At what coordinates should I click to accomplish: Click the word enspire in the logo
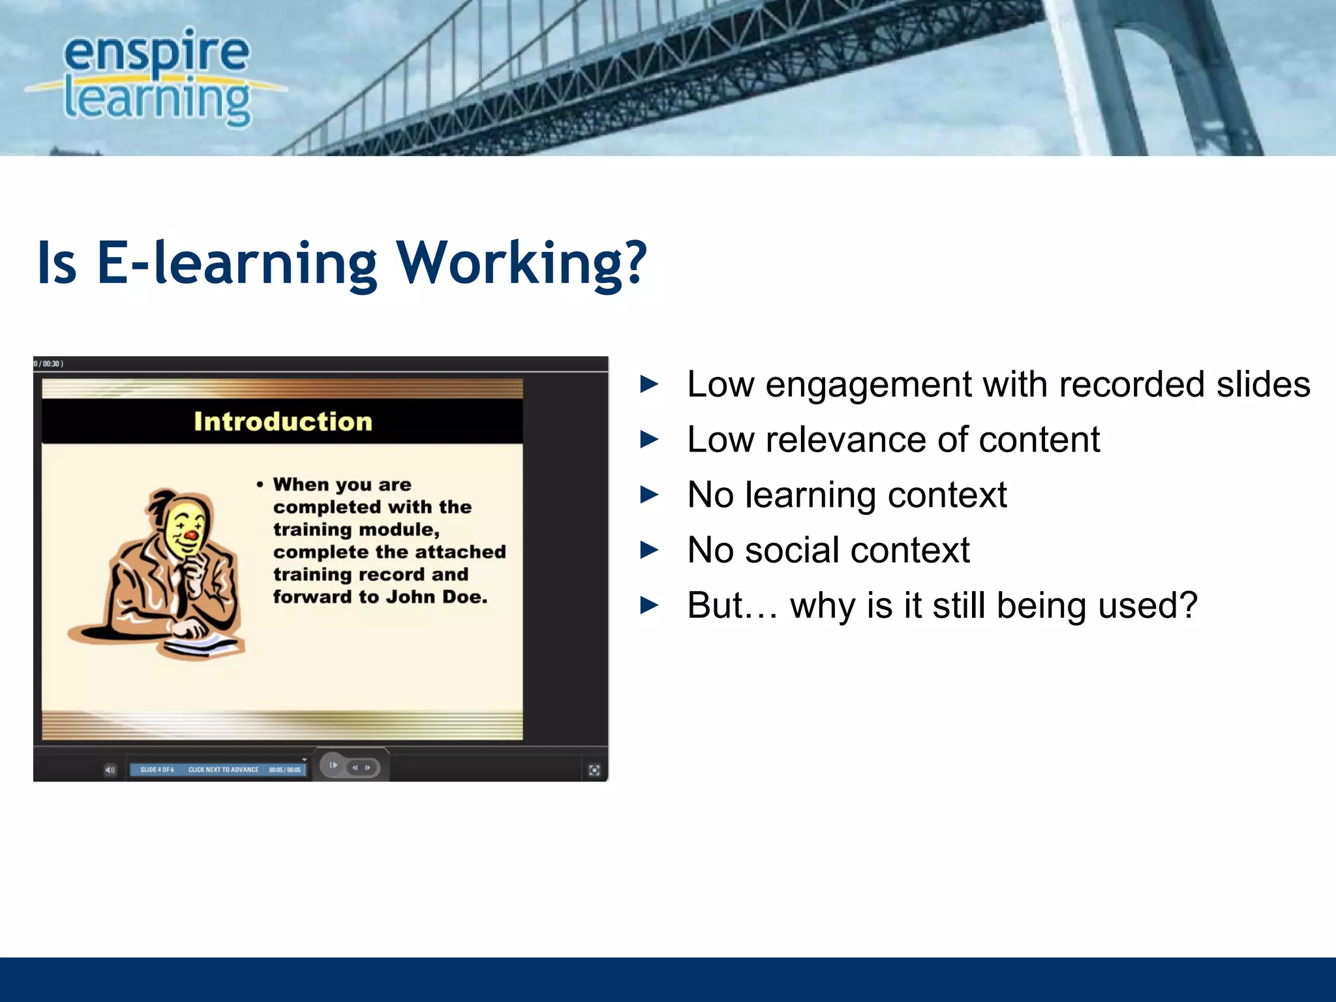[x=157, y=53]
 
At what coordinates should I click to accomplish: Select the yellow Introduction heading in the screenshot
[x=282, y=421]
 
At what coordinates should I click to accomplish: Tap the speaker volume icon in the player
[x=110, y=770]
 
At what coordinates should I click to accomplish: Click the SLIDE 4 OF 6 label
[x=157, y=770]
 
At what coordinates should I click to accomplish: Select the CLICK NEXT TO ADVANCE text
[x=223, y=770]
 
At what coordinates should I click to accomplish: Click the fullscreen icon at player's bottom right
[x=594, y=770]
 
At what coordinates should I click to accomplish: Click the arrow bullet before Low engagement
[x=649, y=384]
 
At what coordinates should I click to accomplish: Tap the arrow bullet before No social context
[x=649, y=550]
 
